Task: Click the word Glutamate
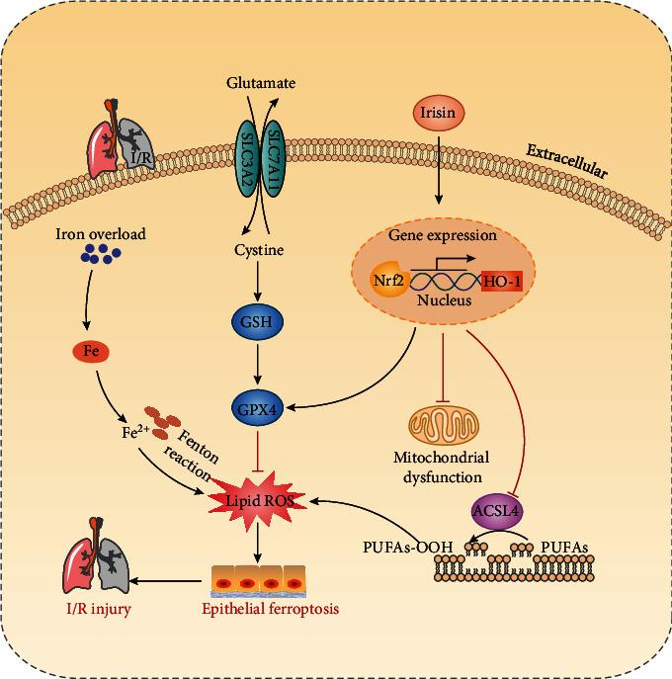click(260, 85)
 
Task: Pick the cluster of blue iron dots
click(100, 257)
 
